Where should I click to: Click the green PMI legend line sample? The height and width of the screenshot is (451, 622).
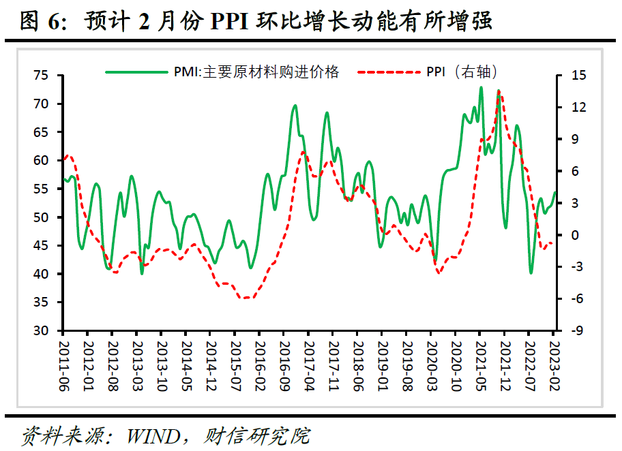(134, 71)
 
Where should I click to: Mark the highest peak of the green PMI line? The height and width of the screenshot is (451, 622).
(482, 87)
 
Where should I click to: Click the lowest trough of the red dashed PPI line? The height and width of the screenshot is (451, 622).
(246, 298)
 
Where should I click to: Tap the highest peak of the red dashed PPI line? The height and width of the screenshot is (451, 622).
(499, 91)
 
